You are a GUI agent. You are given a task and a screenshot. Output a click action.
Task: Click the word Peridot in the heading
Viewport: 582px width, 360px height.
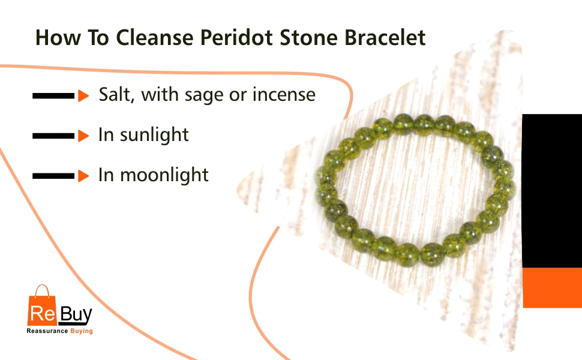[236, 37]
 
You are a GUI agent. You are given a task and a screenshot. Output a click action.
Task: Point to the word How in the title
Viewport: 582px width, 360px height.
[58, 37]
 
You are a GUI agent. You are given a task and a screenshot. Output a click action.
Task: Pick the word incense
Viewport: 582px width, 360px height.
[284, 94]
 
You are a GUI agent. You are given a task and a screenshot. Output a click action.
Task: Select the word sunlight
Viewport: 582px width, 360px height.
[154, 135]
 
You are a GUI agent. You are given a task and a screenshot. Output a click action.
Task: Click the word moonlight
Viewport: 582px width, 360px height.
[164, 175]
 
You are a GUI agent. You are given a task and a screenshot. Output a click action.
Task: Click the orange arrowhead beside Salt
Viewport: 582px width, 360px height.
[83, 96]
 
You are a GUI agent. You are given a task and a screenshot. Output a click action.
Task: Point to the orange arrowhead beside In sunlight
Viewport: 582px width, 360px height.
[83, 136]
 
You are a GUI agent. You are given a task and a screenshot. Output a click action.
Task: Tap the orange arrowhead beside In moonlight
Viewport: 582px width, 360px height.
[83, 176]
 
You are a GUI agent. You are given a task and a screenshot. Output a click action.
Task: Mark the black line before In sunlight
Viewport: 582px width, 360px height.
[53, 136]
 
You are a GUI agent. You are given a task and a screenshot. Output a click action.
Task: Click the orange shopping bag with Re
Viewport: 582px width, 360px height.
[42, 306]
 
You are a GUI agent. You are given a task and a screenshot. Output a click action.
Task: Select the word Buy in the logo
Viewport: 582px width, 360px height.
[76, 315]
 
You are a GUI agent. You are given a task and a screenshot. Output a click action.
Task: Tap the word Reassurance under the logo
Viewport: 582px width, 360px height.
[47, 331]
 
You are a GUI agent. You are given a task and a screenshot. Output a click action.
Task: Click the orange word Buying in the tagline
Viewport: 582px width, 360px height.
[82, 331]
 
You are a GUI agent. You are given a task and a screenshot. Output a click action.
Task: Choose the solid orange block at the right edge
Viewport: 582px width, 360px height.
[553, 287]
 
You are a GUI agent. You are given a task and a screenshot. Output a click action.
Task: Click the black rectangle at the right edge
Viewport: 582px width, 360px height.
[552, 191]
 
